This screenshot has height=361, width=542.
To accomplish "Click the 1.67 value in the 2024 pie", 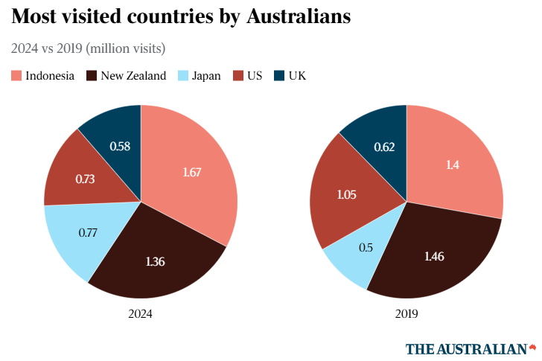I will pos(192,172).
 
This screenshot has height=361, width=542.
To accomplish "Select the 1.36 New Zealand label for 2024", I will pos(156,261).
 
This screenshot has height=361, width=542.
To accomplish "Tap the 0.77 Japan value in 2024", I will pos(89,232).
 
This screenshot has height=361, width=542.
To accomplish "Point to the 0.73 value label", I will pos(86,179).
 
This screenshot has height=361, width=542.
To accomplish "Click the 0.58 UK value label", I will pos(120,146).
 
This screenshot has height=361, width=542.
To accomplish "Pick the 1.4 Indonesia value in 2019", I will pos(452,165).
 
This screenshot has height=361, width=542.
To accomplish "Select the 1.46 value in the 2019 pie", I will pos(435,257).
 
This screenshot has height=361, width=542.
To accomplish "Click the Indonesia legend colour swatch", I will pos(16,75).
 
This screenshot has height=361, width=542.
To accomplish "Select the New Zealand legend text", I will pos(133,75).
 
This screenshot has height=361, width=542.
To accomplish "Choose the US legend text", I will pos(255,75).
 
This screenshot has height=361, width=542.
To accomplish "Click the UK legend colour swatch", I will pos(279,75).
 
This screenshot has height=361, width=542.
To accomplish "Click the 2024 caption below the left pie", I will pos(140,314).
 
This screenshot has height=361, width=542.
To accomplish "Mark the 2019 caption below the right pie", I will pos(406,314).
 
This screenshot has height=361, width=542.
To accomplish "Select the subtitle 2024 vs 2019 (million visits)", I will pos(88,48).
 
